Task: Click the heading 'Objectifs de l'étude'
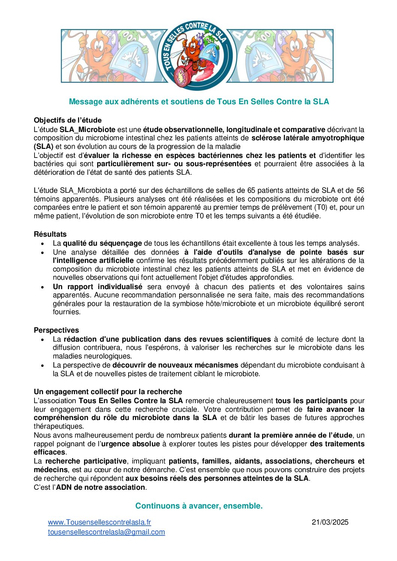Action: click(x=67, y=120)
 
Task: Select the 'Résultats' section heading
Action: click(x=50, y=234)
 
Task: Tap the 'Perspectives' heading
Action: click(x=56, y=330)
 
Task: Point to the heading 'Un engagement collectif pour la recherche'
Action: click(x=108, y=392)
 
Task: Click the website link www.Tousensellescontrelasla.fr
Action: click(x=99, y=522)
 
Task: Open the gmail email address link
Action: click(x=106, y=532)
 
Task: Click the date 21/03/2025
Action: click(x=330, y=522)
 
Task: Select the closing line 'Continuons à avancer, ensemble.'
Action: click(x=199, y=506)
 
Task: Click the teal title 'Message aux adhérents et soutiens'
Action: click(x=199, y=102)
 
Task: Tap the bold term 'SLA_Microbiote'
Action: click(x=87, y=130)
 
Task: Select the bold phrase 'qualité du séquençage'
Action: click(x=102, y=243)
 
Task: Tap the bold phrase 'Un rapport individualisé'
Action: click(x=97, y=287)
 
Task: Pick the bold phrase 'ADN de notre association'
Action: click(x=100, y=487)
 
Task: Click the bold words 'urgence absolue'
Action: click(x=130, y=444)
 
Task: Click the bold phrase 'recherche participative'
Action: click(x=86, y=461)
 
